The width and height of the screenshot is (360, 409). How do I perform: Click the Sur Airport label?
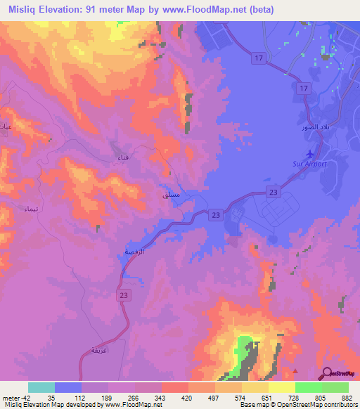click(311, 164)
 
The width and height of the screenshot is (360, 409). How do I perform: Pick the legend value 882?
click(347, 397)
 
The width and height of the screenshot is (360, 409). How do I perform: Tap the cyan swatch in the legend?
click(41, 387)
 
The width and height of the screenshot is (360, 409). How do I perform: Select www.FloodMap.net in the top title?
click(209, 10)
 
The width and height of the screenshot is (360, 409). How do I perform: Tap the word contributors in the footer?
click(337, 405)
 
